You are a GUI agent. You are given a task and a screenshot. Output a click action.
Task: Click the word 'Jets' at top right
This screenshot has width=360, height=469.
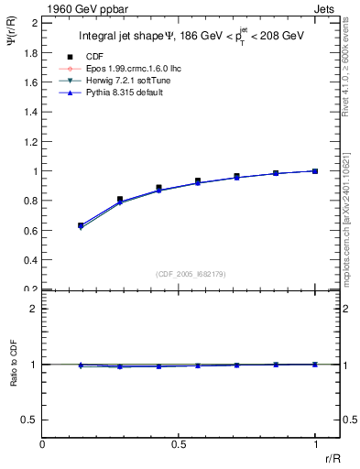tap(326, 8)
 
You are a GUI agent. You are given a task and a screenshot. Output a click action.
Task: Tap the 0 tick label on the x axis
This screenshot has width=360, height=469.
tap(42, 442)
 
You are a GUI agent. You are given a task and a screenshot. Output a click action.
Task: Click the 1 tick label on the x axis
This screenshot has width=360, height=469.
tap(315, 442)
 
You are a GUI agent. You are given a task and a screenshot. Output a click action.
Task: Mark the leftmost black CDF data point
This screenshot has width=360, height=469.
tap(81, 224)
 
